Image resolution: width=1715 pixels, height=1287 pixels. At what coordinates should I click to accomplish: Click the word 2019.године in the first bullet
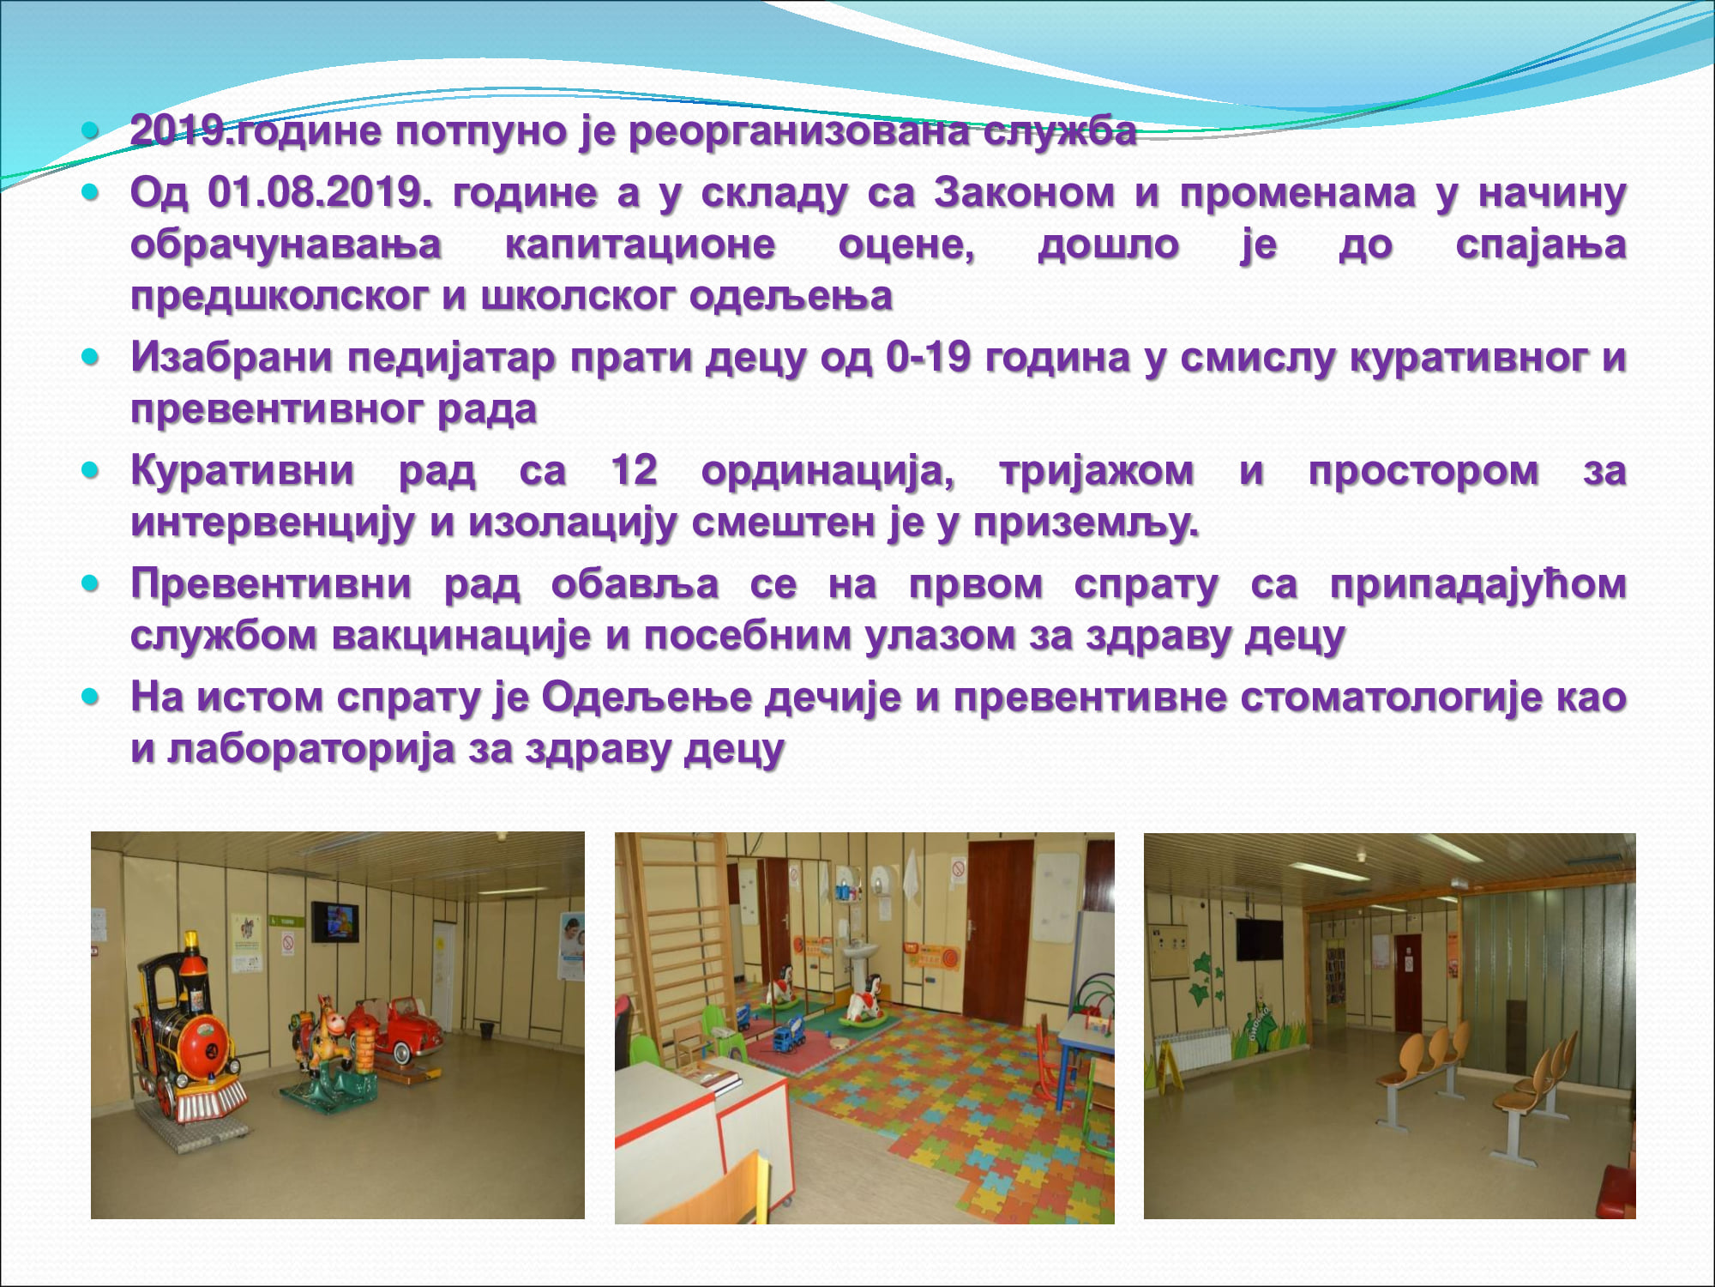256,132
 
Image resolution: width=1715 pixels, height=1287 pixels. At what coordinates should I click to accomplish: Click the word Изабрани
232,358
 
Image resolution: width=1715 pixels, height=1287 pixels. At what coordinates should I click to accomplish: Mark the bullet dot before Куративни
91,470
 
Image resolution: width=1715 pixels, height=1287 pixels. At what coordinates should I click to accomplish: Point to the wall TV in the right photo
1259,939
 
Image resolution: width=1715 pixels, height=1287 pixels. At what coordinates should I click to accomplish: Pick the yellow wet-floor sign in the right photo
1168,1064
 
